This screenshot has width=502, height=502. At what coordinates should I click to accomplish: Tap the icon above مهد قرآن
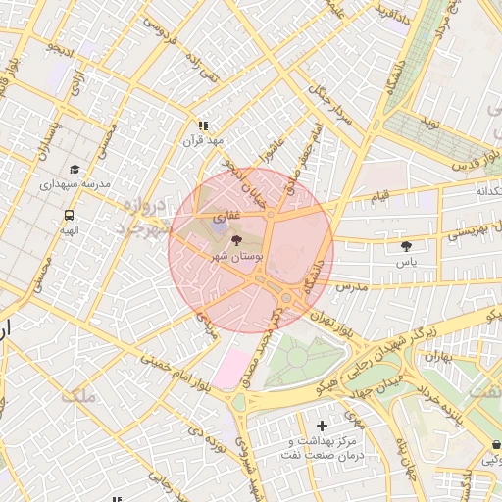(203, 125)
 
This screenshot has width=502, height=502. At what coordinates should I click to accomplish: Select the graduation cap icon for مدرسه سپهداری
(75, 169)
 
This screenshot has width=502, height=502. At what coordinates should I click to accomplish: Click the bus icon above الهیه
(69, 215)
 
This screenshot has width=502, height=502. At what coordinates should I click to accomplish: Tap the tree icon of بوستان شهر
(234, 239)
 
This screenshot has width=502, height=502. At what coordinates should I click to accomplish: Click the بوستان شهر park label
(233, 255)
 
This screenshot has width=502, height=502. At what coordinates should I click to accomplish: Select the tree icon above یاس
(407, 246)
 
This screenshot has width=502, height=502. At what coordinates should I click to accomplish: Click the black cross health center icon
(323, 425)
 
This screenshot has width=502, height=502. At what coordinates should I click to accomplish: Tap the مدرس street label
(350, 286)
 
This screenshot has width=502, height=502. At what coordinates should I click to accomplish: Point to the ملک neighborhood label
(78, 397)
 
